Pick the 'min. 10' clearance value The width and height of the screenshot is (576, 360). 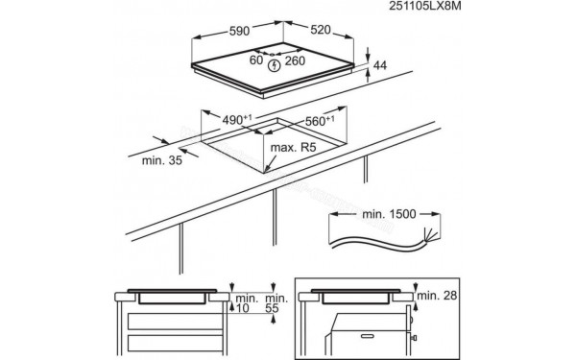(242, 301)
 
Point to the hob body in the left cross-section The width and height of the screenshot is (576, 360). (172, 298)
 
